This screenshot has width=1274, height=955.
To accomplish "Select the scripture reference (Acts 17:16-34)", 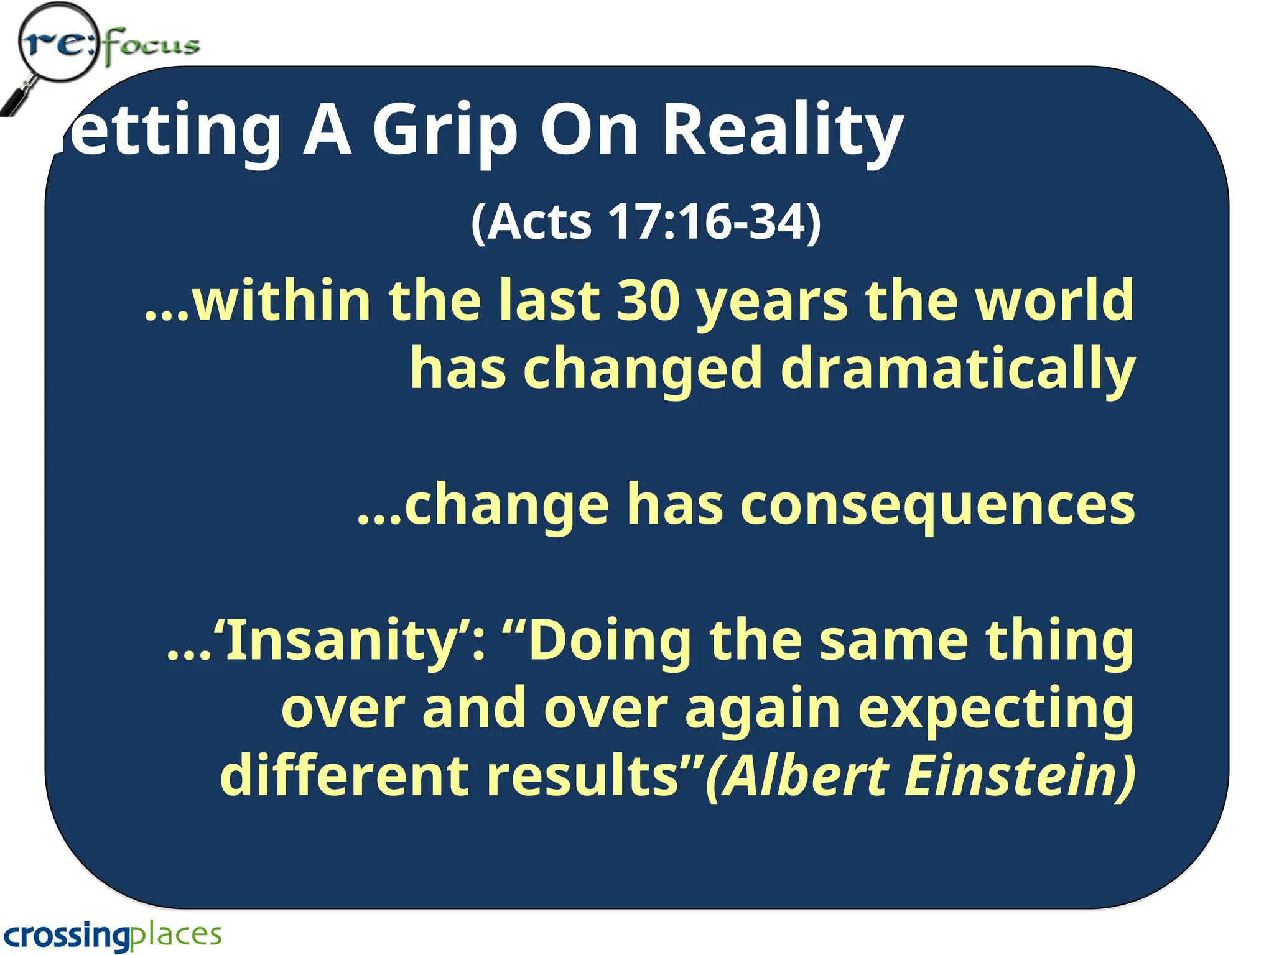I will pos(646,221).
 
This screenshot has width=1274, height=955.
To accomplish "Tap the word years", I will pos(772,302).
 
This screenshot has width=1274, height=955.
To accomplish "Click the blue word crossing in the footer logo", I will pos(67,935).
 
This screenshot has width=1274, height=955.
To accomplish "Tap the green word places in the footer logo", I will pos(177,935).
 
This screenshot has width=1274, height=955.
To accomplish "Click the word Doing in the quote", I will pos(610,642).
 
